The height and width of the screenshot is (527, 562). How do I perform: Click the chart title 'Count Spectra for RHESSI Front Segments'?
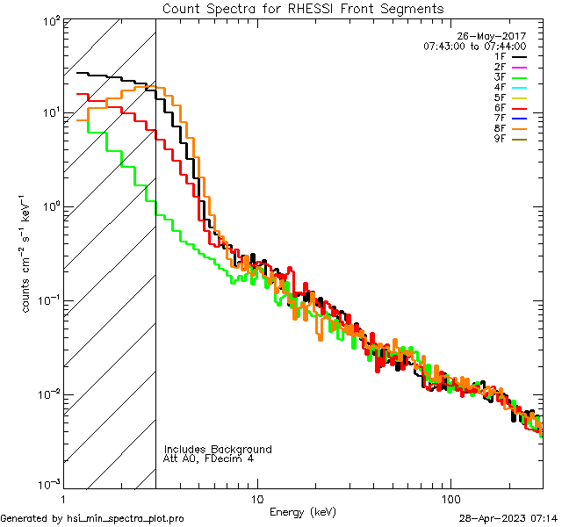point(303,9)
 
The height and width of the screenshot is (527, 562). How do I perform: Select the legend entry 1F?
point(511,56)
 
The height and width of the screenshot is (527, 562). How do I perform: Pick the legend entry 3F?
point(511,76)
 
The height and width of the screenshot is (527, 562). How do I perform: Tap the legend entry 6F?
point(511,107)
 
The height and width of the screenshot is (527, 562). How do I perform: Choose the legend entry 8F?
point(511,127)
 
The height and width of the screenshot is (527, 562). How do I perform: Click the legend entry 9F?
point(511,138)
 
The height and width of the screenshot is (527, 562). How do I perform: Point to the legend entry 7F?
point(511,118)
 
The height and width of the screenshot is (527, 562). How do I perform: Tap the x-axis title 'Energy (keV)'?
point(303,512)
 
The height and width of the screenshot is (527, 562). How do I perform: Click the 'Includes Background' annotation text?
point(218,449)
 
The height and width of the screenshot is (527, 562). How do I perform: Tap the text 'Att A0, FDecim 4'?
point(208,458)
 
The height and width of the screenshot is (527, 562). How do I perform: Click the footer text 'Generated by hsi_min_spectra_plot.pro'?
point(92,519)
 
